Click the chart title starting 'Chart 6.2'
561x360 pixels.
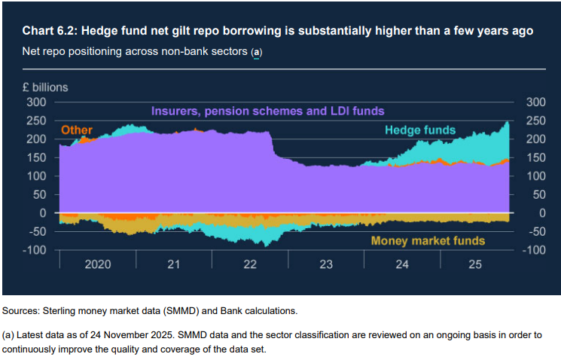[x=279, y=31]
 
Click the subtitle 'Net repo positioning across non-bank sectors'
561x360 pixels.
[x=136, y=52]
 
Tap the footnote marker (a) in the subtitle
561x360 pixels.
[x=257, y=52]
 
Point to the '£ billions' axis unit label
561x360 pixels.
[x=44, y=87]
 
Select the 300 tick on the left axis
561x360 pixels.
[x=36, y=102]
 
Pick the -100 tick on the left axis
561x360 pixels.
[x=34, y=250]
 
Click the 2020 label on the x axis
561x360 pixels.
[x=97, y=265]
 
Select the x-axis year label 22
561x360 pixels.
[x=249, y=265]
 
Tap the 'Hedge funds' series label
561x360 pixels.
[x=420, y=130]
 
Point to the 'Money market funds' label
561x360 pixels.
[x=428, y=241]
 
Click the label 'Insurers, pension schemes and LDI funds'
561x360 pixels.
[x=267, y=111]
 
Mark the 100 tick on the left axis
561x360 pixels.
[x=36, y=176]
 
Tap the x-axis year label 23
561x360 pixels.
[x=325, y=265]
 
